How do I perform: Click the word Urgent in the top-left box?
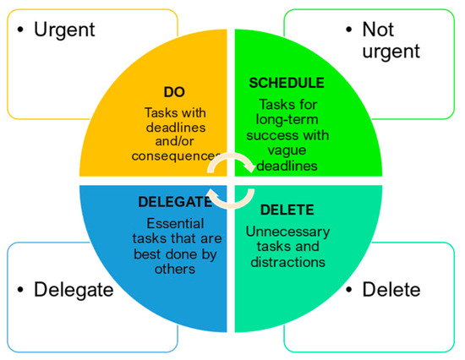click(x=64, y=30)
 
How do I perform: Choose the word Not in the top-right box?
click(x=378, y=30)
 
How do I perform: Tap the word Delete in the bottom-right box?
click(x=391, y=290)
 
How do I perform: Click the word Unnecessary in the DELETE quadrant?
click(x=290, y=231)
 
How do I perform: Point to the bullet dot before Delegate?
click(x=19, y=291)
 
